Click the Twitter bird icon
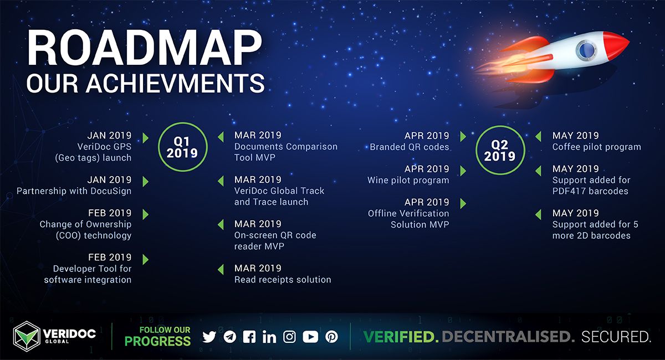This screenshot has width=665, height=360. coord(209,337)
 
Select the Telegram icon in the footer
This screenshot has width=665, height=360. coord(230,337)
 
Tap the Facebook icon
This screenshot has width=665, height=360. coord(249,337)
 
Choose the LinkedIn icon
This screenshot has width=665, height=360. coord(269,337)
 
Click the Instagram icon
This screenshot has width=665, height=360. coord(289,337)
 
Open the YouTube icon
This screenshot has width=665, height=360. coord(310,337)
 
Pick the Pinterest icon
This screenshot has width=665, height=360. coord(331,337)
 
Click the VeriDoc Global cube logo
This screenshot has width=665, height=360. coord(27,336)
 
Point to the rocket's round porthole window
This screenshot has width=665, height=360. coord(586,50)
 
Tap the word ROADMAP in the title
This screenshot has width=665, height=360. coord(145,48)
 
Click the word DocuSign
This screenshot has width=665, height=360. coord(111,191)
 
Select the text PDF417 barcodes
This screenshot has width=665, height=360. coord(590,191)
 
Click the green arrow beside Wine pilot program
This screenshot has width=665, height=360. coord(463,171)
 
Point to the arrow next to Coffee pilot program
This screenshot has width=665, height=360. coord(538,136)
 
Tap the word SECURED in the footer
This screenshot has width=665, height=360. coord(616,337)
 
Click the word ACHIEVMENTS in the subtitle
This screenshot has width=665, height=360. coord(175,83)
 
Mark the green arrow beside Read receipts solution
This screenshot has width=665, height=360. coord(221,270)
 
